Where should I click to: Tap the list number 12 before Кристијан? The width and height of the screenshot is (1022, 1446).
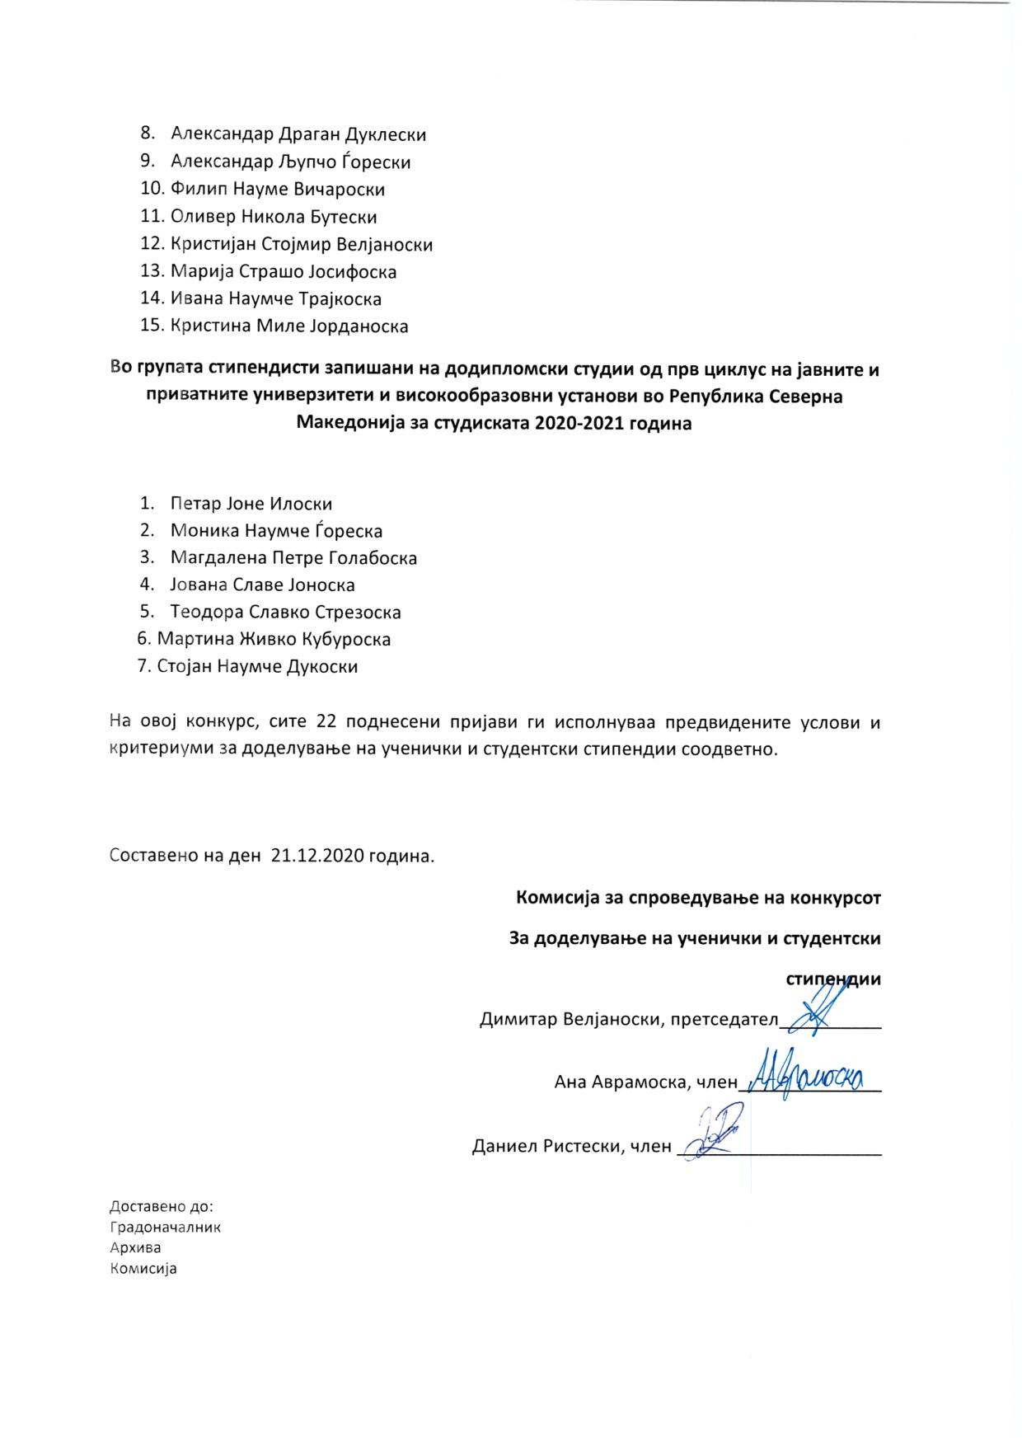click(x=153, y=245)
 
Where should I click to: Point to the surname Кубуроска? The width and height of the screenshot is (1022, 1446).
click(x=345, y=640)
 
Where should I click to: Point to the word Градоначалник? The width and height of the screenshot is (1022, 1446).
click(x=165, y=1228)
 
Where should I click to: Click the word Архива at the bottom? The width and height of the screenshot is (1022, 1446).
click(x=135, y=1248)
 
